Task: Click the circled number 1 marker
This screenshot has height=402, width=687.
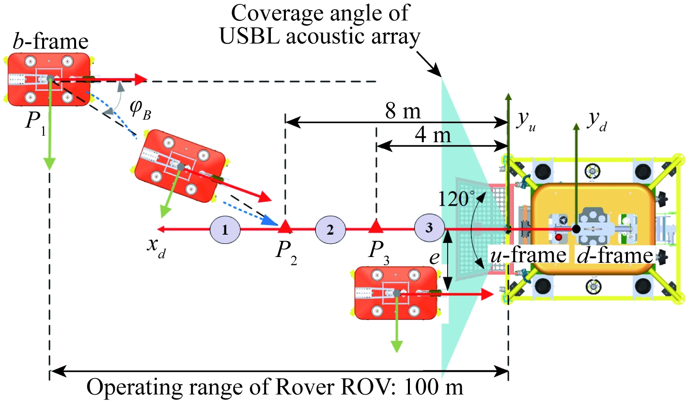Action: [225, 229]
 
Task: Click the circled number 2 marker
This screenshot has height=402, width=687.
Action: [330, 229]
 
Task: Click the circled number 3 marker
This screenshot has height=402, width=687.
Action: [429, 227]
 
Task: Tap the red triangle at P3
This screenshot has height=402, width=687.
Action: [375, 225]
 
